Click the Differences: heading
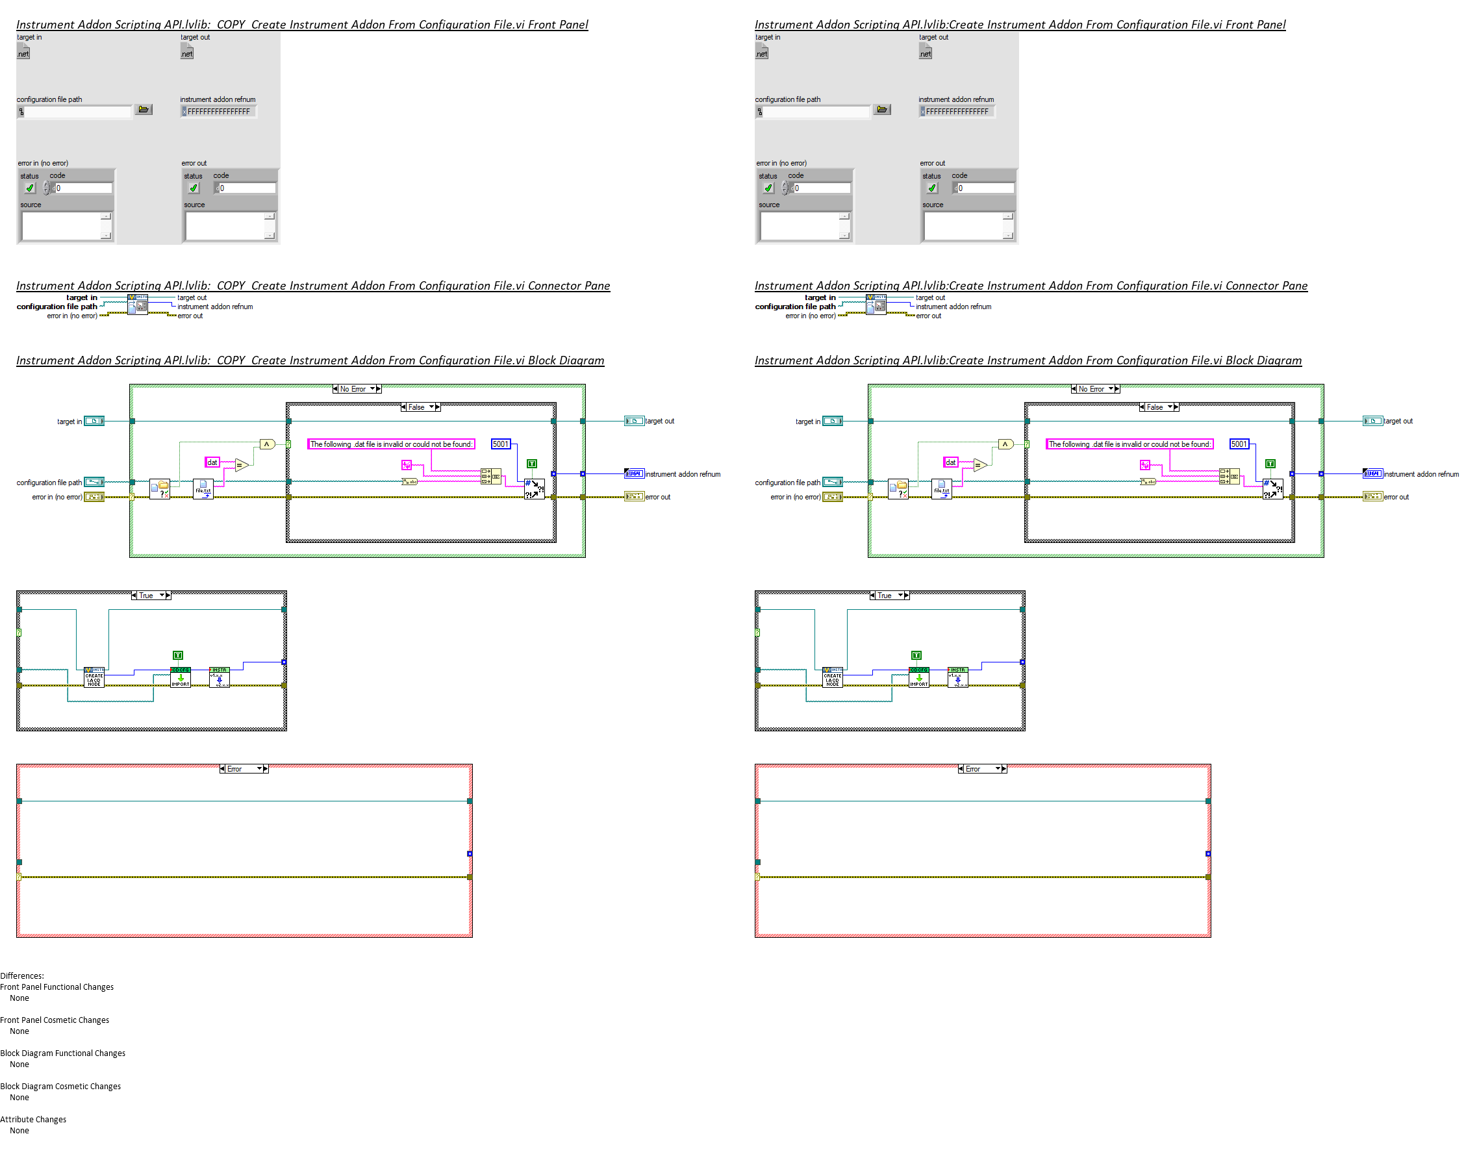click(21, 975)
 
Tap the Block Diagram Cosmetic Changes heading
click(60, 1086)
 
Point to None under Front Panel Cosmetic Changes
click(19, 1031)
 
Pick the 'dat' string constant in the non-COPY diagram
click(950, 462)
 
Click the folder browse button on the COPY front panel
click(143, 110)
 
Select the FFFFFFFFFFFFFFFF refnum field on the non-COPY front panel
click(957, 112)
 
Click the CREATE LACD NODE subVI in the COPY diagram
click(94, 678)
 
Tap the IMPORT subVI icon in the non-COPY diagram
click(918, 678)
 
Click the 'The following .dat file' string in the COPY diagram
click(390, 444)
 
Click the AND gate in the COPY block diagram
click(267, 445)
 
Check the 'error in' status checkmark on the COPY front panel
click(30, 188)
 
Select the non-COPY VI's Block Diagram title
click(1028, 360)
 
